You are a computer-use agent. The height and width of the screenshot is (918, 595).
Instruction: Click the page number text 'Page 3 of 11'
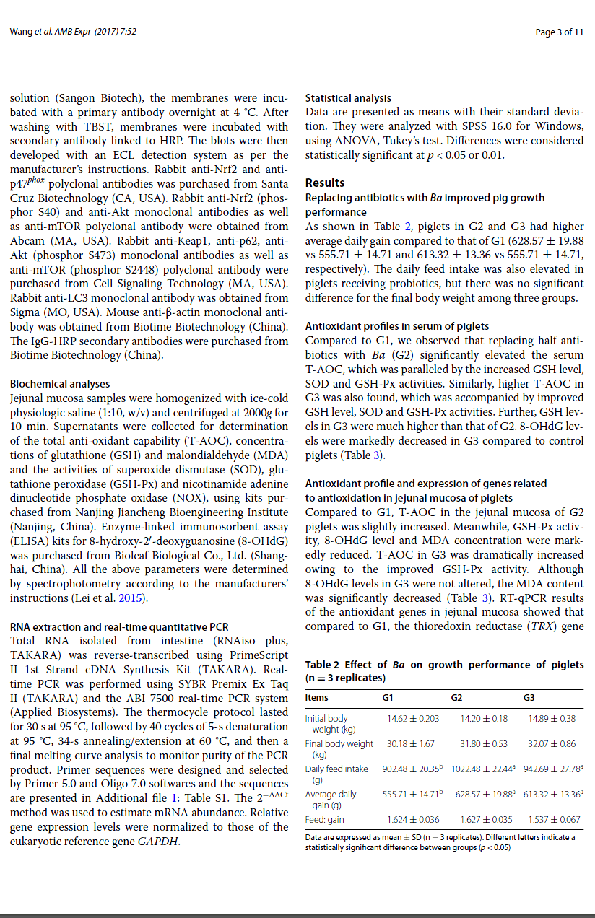(x=560, y=32)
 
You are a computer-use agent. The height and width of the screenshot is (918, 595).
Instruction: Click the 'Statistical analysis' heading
(x=348, y=97)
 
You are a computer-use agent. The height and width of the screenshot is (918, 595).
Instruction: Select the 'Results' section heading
(x=325, y=183)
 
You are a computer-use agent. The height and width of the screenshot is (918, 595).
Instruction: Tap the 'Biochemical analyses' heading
(x=60, y=384)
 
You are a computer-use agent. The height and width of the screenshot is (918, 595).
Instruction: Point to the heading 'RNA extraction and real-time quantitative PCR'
(x=119, y=627)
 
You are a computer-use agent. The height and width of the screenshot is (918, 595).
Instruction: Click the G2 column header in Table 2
(x=456, y=697)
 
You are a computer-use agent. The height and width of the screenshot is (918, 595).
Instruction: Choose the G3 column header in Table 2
(x=529, y=697)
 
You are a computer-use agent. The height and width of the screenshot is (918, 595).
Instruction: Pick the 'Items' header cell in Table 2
(x=316, y=697)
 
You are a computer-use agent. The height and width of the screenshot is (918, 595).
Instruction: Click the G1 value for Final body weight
(x=411, y=743)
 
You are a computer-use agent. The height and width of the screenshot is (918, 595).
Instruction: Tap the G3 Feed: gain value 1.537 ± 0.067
(x=555, y=819)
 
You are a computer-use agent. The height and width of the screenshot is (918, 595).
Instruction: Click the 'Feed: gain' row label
(x=325, y=819)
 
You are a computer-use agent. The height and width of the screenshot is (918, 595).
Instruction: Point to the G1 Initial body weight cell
(x=413, y=718)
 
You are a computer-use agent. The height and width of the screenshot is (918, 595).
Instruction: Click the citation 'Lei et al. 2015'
(x=113, y=598)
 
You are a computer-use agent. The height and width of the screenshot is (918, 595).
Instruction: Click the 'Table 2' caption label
(x=323, y=665)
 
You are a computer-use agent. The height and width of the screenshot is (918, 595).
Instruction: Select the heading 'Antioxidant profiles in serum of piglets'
(x=396, y=326)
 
